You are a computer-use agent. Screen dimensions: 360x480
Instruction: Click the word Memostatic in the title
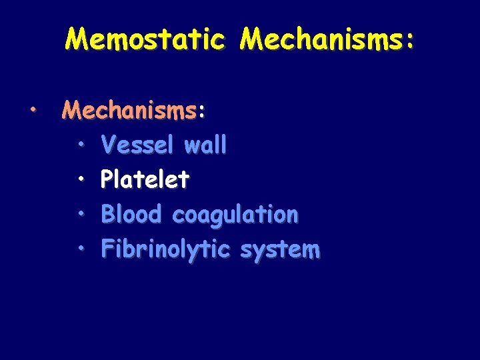coord(145,39)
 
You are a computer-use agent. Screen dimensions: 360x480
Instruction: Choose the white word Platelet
coord(145,179)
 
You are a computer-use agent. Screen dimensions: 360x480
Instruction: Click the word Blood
coord(131,214)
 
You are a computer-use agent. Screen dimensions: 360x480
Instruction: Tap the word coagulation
coord(235,215)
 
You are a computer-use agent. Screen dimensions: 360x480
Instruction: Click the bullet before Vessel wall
coord(80,143)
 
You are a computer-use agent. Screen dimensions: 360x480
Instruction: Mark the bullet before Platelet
coord(80,179)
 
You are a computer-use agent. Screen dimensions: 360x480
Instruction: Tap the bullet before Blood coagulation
coord(80,213)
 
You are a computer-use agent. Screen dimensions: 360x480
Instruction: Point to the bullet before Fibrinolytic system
coord(80,249)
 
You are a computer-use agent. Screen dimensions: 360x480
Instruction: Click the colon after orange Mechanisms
coord(202,112)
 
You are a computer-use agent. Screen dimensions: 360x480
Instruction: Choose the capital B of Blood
coord(107,214)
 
